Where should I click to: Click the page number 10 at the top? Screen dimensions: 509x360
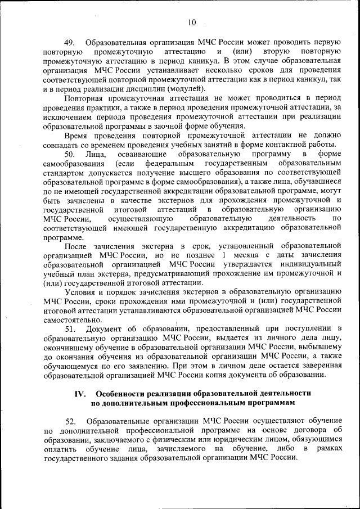coord(192,22)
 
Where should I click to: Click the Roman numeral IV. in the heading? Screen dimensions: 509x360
coord(80,394)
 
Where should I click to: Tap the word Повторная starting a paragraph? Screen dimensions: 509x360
coord(84,98)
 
